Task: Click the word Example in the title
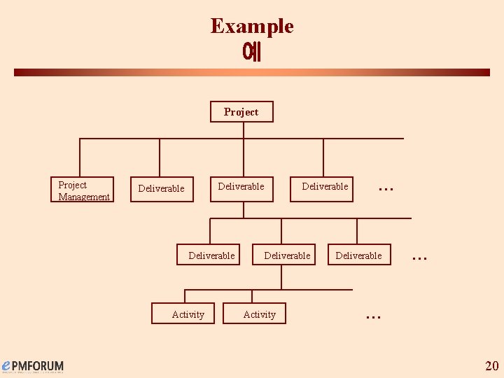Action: tap(252, 27)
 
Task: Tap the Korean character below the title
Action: tap(251, 52)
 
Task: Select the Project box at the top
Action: tap(241, 112)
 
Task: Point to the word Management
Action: tap(84, 197)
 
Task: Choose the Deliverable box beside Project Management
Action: tap(162, 189)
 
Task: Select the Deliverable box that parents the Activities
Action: tap(286, 256)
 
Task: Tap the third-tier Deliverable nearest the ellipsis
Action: tap(358, 256)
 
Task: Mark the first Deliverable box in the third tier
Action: tap(211, 256)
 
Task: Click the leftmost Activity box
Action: tap(188, 314)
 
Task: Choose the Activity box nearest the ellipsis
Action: tap(259, 314)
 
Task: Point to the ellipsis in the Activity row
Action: tap(373, 316)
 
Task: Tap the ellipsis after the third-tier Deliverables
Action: tap(419, 258)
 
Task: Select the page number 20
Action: tap(491, 365)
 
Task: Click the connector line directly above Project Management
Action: tap(80, 157)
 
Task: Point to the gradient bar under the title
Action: tap(252, 72)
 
